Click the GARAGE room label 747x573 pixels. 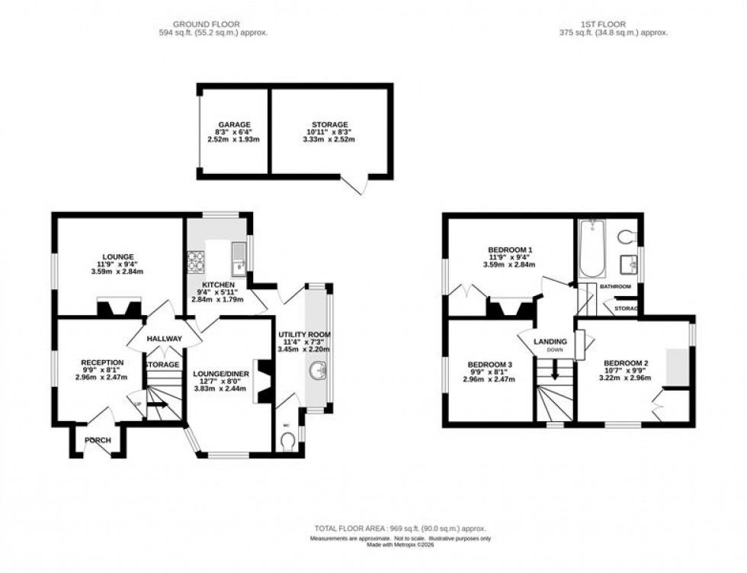pos(235,124)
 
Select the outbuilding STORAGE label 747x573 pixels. pos(329,124)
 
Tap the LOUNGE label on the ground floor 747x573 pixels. pos(118,256)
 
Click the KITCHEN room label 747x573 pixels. pos(213,285)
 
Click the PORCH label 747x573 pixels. pos(98,440)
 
